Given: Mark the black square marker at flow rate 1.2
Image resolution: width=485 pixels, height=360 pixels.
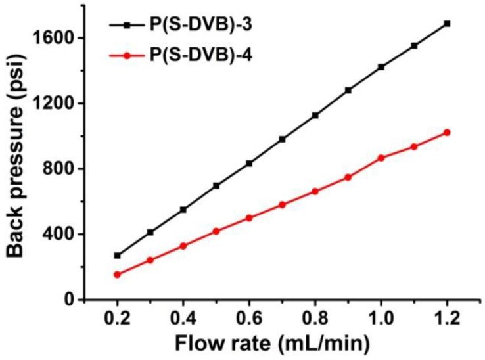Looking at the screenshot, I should (x=448, y=24).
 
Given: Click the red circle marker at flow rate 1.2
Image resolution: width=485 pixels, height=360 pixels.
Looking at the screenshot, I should (x=448, y=133).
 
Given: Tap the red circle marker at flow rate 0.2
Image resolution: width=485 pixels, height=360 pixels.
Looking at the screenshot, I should (x=118, y=275).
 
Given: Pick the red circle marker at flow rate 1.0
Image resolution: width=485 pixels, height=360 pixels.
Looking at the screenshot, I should (x=381, y=158).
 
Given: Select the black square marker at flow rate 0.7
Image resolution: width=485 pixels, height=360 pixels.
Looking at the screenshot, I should (x=283, y=139).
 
